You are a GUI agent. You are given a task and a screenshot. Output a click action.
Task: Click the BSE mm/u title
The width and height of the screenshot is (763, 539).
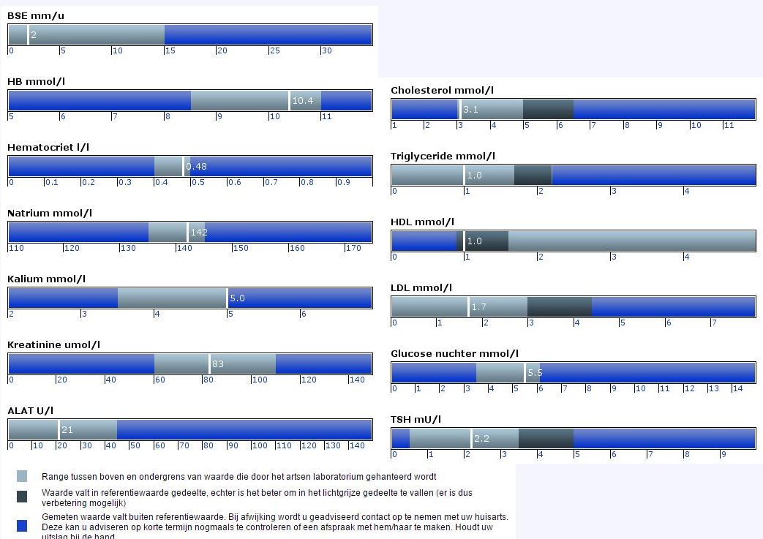(x=36, y=15)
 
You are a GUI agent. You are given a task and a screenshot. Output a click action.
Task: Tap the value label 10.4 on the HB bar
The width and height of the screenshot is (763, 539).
(x=302, y=101)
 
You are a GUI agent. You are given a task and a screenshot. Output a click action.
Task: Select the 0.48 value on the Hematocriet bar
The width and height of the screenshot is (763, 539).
(x=196, y=167)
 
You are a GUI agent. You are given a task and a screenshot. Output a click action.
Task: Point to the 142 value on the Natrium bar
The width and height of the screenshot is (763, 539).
(x=199, y=233)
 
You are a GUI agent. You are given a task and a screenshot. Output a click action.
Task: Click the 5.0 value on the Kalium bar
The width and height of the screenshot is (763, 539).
(x=238, y=298)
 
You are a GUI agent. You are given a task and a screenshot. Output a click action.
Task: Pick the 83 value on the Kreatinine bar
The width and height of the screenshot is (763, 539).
(x=218, y=363)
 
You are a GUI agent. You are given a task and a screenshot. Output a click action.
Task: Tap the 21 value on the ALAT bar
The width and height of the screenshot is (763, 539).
(x=67, y=430)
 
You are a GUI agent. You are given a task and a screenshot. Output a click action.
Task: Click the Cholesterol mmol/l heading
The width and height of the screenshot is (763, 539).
(x=442, y=90)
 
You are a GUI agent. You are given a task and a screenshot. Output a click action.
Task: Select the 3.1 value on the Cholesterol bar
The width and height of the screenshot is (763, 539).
(x=470, y=110)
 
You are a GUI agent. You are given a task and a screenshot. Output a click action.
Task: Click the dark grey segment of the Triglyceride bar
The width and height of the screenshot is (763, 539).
(x=533, y=176)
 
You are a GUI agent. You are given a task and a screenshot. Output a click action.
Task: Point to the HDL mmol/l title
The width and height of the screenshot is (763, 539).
(x=422, y=222)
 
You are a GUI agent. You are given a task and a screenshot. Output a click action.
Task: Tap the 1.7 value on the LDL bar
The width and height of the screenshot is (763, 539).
(x=479, y=307)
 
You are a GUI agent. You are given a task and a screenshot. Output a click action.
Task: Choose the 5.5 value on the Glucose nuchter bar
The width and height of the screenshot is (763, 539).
(x=534, y=373)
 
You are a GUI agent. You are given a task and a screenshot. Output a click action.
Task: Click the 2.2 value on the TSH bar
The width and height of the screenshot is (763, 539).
(x=481, y=439)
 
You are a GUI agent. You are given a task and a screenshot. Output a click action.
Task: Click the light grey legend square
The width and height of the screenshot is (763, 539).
(x=22, y=476)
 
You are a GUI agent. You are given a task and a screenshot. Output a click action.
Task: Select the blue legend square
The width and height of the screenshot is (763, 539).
(x=22, y=525)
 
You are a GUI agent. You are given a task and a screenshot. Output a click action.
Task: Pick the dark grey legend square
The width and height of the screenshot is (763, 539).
(x=22, y=497)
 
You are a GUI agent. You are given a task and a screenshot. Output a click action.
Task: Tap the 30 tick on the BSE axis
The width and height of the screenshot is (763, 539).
(x=326, y=50)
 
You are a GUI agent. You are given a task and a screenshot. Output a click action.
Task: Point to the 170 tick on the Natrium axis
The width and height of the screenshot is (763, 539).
(x=353, y=248)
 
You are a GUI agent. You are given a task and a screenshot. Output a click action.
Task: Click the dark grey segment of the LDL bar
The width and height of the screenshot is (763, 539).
(x=559, y=307)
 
